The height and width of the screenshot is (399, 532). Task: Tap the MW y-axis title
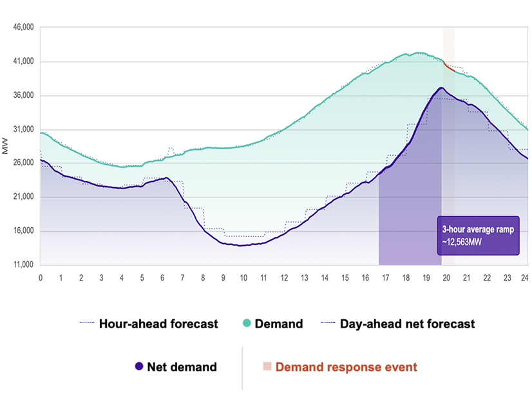[x=6, y=146]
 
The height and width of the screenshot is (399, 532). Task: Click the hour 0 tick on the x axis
[x=41, y=277]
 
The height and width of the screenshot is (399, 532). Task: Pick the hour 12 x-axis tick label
[x=284, y=277]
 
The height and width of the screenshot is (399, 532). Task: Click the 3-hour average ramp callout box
[x=478, y=235]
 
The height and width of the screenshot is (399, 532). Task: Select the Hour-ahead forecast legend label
[x=158, y=324]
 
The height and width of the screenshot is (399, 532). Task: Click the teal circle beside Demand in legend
[x=246, y=324]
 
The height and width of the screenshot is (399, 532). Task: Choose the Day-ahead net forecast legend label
[x=406, y=324]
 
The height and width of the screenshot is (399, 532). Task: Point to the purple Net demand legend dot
[x=138, y=367]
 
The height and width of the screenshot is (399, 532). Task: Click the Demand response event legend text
[x=346, y=367]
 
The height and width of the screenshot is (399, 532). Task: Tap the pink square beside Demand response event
[x=267, y=367]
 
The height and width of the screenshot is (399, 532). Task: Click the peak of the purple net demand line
[x=441, y=88]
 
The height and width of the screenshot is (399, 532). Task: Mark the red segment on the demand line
[x=449, y=66]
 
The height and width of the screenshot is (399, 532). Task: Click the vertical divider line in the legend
[x=242, y=367]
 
